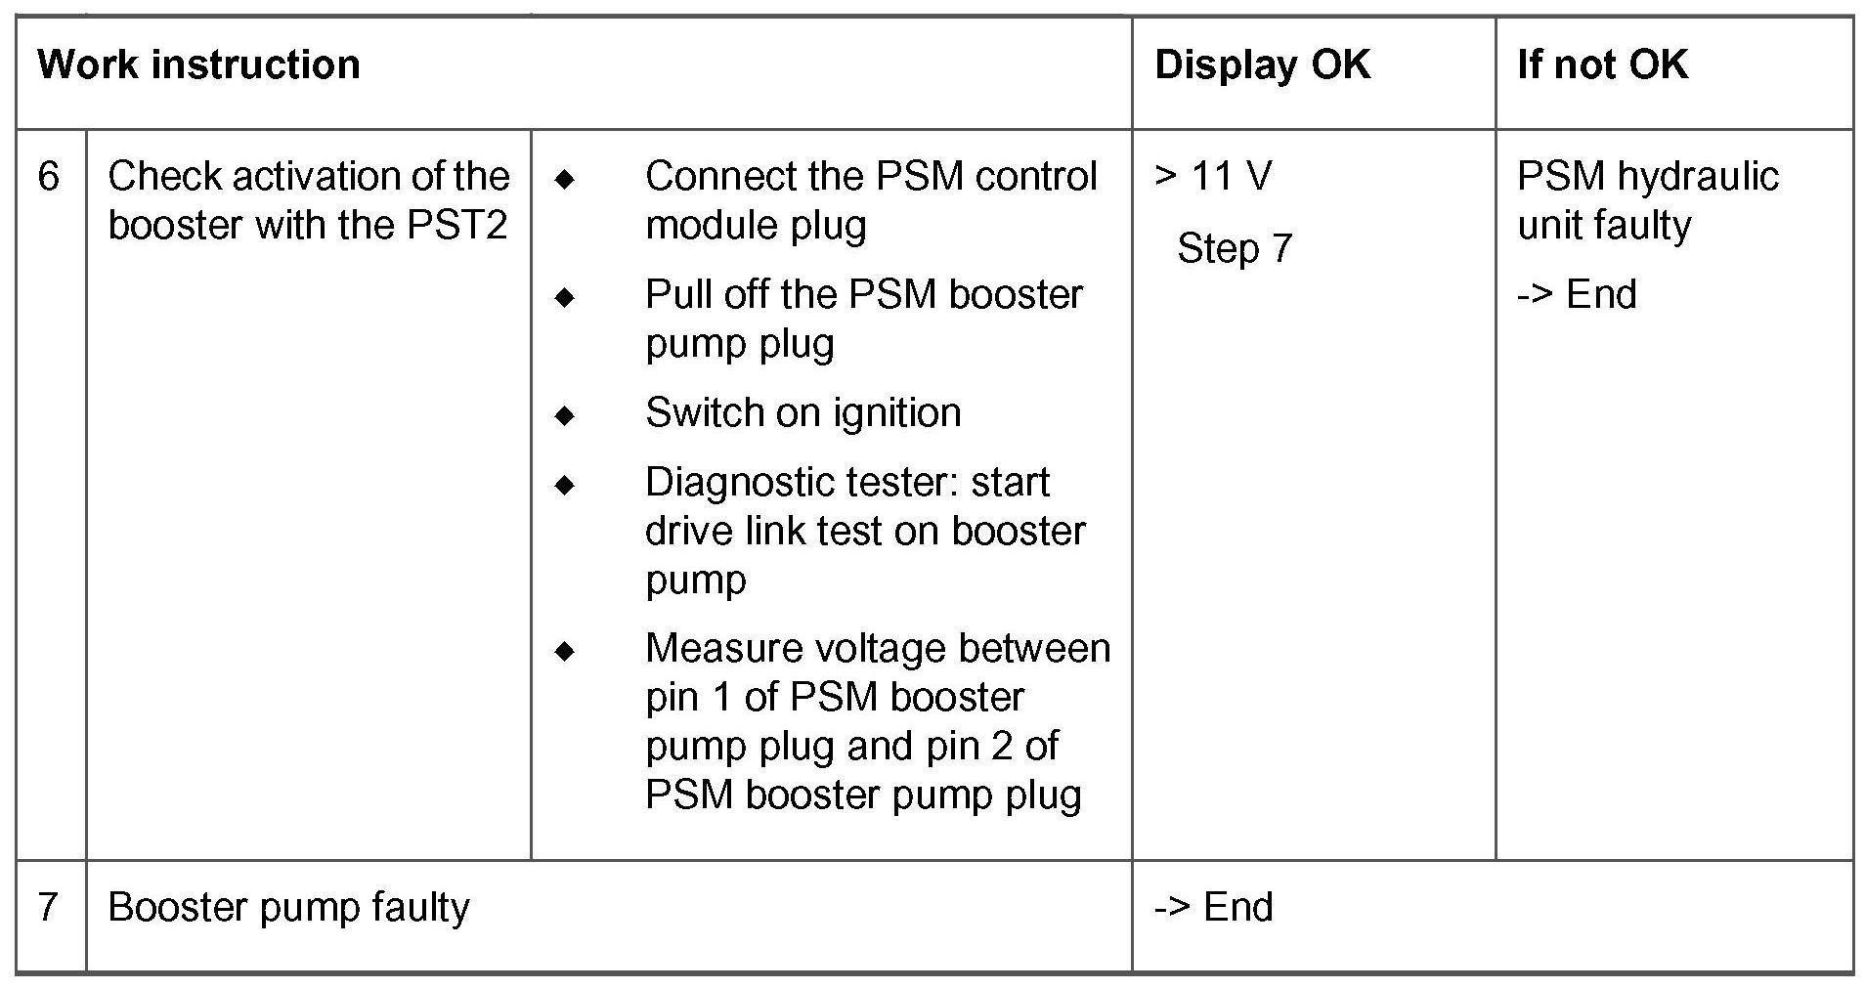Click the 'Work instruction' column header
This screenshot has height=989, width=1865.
198,65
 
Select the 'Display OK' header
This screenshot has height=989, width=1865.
1262,65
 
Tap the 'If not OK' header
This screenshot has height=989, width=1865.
1602,65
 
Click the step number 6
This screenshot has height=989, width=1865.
49,177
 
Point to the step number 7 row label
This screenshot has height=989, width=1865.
49,907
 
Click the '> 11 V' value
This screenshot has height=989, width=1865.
1213,177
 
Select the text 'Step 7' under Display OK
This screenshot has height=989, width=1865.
1235,248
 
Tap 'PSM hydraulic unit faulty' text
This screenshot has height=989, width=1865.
1647,200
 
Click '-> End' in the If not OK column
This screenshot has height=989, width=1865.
1577,294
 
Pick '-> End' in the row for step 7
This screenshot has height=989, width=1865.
1213,907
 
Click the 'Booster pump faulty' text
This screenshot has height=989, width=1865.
288,907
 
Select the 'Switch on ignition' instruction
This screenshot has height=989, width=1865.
802,413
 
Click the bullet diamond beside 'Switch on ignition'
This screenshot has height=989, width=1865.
565,415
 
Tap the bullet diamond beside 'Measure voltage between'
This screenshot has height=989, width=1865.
565,651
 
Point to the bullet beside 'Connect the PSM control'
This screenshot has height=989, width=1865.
565,179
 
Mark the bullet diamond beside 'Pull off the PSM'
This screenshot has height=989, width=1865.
565,297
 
